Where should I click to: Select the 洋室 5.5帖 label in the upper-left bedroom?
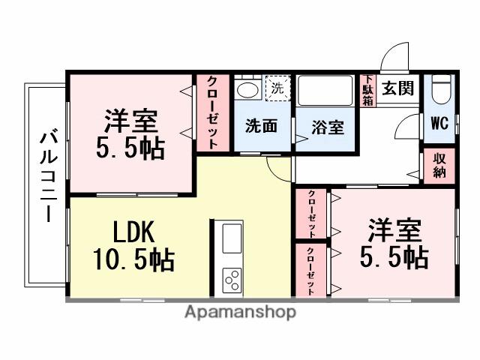[x=130, y=133]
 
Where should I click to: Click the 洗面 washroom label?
[x=261, y=127]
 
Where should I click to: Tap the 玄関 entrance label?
[x=397, y=88]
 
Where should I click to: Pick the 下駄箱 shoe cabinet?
[x=367, y=91]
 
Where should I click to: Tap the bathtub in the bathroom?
[x=328, y=91]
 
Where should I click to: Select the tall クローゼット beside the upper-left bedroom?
[x=214, y=112]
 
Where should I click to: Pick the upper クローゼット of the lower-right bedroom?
[x=310, y=214]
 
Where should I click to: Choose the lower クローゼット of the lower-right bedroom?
[x=310, y=270]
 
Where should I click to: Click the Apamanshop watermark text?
[x=240, y=312]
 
